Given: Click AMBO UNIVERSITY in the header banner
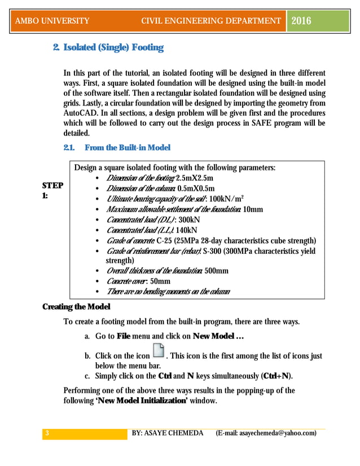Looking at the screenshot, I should pos(52,21).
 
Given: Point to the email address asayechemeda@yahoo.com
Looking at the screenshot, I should pos(276,433).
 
